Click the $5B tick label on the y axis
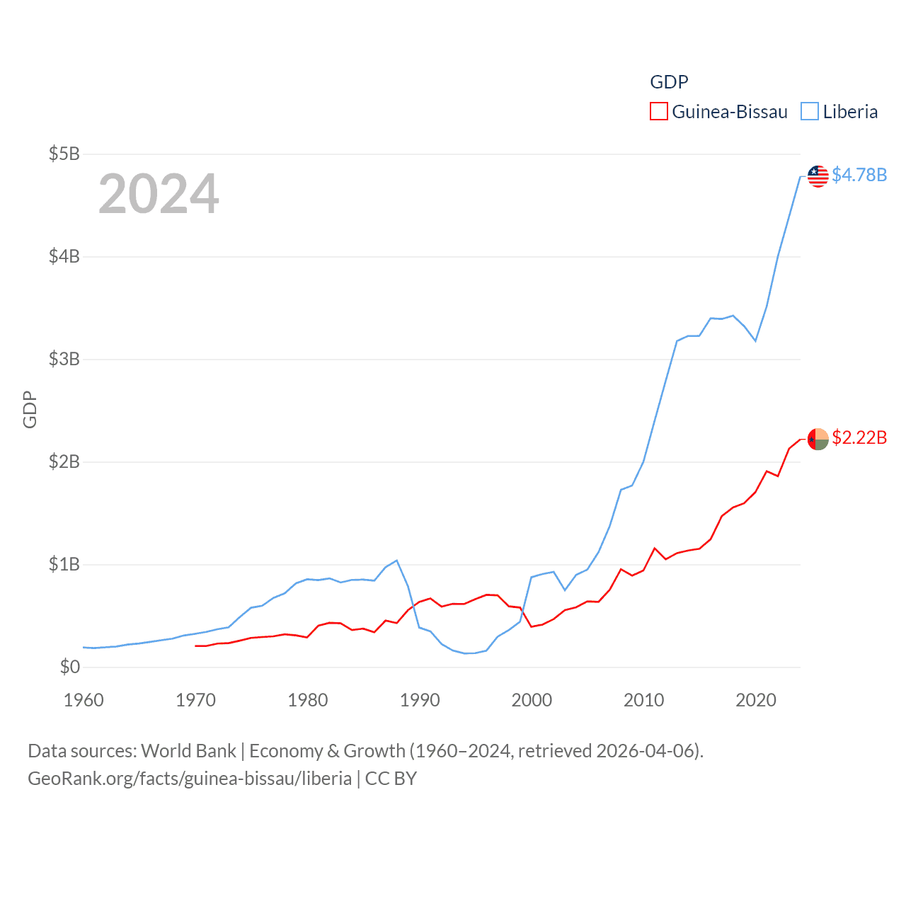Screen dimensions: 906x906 click(x=64, y=154)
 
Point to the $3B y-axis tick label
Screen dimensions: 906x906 click(x=64, y=359)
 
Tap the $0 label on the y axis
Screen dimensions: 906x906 click(x=69, y=667)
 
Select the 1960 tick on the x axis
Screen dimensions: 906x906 click(x=84, y=700)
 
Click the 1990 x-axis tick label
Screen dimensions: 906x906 click(x=420, y=700)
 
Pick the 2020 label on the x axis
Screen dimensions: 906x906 click(x=756, y=700)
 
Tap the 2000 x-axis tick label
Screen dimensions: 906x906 click(x=532, y=700)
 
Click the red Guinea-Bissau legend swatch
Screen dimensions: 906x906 click(x=659, y=112)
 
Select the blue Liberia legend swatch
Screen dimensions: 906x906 click(x=810, y=112)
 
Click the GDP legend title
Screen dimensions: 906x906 click(x=669, y=82)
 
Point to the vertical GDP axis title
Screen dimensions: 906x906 click(x=30, y=409)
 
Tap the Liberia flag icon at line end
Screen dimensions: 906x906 click(x=818, y=176)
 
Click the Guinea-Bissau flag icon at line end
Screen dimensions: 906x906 click(x=818, y=439)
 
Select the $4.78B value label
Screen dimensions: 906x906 click(x=859, y=175)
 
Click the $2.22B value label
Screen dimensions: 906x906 click(x=859, y=437)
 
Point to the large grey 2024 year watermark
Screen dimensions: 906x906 click(x=159, y=194)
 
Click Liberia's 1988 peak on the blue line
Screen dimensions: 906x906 click(x=397, y=561)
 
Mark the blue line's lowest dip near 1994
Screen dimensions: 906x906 click(x=464, y=653)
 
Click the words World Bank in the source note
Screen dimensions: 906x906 click(x=188, y=751)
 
